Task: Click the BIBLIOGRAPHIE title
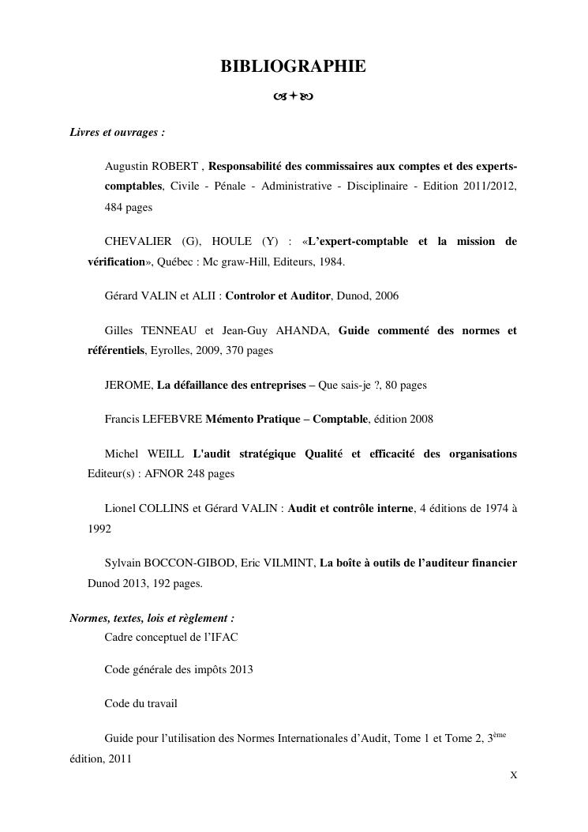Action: (x=293, y=67)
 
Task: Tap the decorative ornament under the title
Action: (x=293, y=98)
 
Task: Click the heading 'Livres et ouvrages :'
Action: (x=117, y=132)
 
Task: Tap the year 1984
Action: (x=330, y=262)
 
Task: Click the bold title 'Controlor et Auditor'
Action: (x=278, y=296)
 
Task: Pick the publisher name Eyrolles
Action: (x=172, y=351)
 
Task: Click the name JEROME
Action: (x=127, y=386)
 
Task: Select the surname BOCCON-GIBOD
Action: (x=187, y=563)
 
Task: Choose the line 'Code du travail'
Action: (x=140, y=703)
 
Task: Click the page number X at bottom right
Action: (x=514, y=774)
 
